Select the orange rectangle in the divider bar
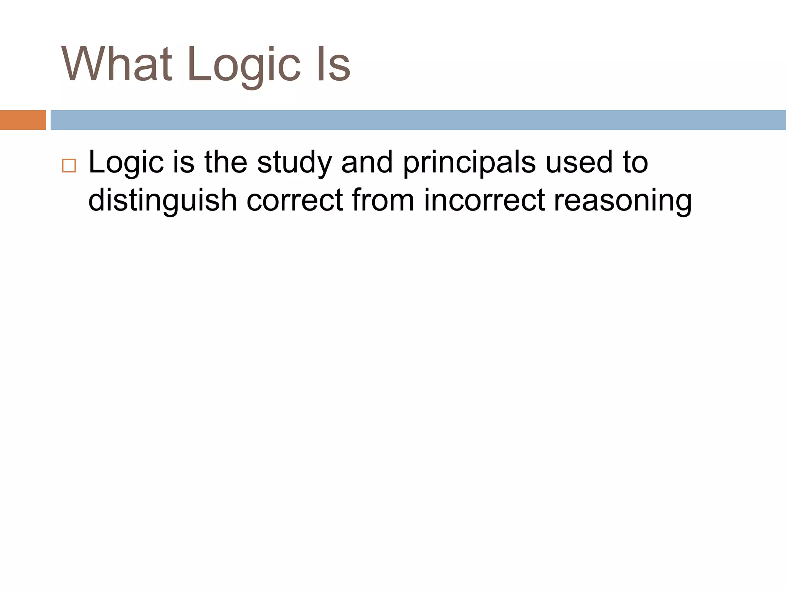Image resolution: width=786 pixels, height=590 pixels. [x=23, y=120]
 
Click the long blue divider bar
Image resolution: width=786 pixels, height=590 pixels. [x=418, y=120]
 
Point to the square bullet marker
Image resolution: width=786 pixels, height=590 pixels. [x=69, y=166]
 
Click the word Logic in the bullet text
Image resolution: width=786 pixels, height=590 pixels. [x=126, y=164]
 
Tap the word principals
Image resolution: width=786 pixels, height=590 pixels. [x=469, y=164]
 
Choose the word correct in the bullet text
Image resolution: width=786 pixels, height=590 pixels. [x=294, y=201]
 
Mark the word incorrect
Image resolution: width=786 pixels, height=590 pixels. [x=484, y=201]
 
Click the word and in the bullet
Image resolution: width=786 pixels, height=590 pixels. [x=367, y=162]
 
